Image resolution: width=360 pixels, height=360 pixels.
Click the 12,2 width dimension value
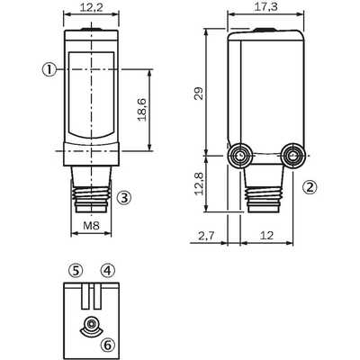click(x=91, y=7)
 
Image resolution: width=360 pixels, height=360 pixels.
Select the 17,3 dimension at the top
click(x=265, y=7)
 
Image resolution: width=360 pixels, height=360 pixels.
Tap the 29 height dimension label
click(x=199, y=93)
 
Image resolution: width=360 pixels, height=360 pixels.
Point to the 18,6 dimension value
click(x=142, y=110)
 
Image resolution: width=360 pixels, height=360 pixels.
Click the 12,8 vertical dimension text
click(x=199, y=184)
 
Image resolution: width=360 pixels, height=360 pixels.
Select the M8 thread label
click(x=91, y=225)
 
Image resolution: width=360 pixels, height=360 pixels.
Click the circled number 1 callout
click(x=49, y=70)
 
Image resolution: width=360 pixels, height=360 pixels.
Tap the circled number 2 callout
click(x=310, y=187)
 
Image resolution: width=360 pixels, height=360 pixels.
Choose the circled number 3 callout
click(x=124, y=197)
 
